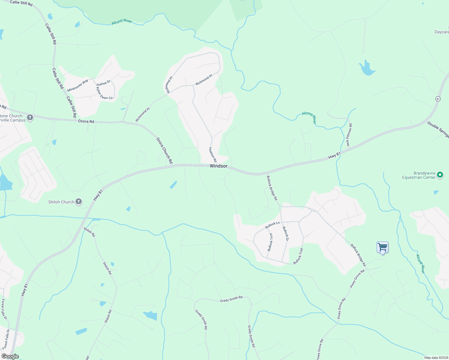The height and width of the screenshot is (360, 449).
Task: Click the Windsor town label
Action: tap(218, 166)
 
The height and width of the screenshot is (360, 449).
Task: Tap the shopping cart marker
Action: tap(382, 247)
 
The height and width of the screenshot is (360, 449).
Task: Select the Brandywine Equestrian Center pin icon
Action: tap(440, 175)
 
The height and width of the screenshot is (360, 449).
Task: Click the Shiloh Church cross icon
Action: tap(79, 202)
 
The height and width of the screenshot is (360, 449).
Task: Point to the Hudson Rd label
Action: tap(213, 154)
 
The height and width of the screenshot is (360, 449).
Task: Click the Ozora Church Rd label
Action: tap(164, 151)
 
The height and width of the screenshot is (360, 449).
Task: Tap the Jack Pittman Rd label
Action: tap(349, 135)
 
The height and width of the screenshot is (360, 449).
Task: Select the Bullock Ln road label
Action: tap(273, 225)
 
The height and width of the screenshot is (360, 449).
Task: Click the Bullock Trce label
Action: tap(270, 242)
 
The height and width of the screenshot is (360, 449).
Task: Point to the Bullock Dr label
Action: tap(285, 234)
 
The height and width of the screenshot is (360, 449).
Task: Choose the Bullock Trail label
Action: tap(298, 256)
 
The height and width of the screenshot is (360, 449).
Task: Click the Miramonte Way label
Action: tap(78, 85)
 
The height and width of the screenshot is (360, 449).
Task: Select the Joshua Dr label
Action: tap(103, 83)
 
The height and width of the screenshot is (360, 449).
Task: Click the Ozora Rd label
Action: tap(86, 121)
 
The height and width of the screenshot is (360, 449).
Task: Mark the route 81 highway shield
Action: tap(438, 99)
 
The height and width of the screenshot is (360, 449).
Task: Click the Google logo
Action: tap(10, 356)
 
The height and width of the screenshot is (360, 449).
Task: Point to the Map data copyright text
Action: tap(436, 358)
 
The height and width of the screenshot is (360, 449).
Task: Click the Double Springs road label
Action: tap(438, 129)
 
